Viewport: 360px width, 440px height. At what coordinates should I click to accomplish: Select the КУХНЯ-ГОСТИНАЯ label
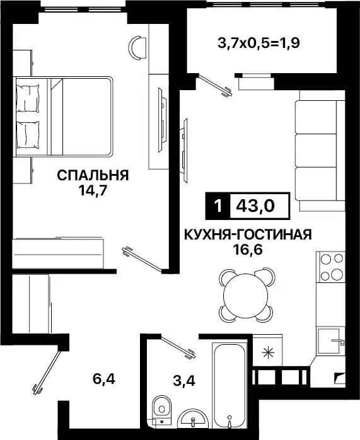point(248,235)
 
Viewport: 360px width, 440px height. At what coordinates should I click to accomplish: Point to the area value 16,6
point(248,250)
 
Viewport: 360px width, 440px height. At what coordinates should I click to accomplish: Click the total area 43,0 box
point(260,206)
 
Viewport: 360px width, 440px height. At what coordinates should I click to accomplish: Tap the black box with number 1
point(218,206)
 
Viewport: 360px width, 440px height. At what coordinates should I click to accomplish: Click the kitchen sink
point(332,340)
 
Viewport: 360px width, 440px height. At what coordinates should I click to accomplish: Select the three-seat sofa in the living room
point(319,151)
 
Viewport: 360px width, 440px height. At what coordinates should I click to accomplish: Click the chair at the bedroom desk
point(137,45)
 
